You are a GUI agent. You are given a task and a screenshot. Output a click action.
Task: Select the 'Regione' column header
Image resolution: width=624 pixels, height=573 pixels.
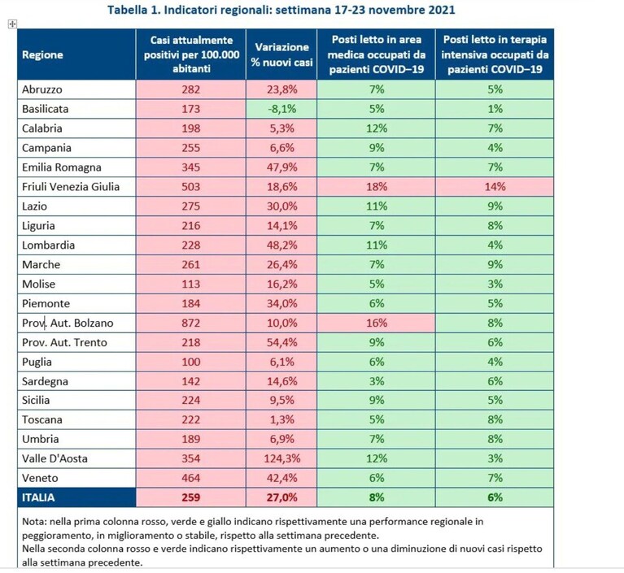pos(42,54)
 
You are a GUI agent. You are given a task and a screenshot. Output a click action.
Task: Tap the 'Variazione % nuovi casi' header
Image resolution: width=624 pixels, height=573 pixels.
pos(281,54)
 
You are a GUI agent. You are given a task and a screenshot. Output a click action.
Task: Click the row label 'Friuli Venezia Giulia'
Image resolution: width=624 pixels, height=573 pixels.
pos(71,186)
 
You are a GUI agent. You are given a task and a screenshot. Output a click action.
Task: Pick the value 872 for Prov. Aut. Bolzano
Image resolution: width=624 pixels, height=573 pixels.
pos(191,323)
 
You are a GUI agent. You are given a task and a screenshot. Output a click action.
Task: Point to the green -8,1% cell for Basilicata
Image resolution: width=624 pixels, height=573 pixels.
pos(281,109)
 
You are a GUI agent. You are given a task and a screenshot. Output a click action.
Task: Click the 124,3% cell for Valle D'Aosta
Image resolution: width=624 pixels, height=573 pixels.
pos(281,458)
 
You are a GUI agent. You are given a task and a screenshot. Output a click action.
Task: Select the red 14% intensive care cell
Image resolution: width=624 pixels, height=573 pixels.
pos(495,186)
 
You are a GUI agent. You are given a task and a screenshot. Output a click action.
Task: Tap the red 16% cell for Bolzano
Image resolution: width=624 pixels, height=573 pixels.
pos(377,323)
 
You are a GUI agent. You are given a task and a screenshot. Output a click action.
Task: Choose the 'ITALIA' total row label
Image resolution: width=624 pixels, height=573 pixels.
pos(38,497)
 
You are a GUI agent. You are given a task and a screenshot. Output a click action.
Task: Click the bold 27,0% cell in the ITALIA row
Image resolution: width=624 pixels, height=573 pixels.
pos(281,497)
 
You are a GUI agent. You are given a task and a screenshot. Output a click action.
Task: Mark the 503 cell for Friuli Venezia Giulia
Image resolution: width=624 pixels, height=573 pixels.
pos(191,186)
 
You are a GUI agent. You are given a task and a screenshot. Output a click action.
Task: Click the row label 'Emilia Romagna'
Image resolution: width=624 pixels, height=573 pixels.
pos(62,167)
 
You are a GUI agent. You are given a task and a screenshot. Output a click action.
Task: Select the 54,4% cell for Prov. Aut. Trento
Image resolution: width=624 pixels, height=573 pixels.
pos(281,342)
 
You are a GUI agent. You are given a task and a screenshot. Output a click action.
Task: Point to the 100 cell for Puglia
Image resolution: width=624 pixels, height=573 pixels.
pos(191,362)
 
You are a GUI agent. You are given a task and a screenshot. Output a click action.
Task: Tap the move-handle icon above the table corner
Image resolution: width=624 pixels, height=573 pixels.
pos(12,24)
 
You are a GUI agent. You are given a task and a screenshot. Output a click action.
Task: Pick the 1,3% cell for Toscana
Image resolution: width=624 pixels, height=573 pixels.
pos(281,419)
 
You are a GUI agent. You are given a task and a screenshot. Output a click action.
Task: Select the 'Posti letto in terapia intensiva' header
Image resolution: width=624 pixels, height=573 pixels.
pos(495,54)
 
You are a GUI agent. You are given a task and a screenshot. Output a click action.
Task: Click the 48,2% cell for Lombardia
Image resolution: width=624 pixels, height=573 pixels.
pos(281,245)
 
